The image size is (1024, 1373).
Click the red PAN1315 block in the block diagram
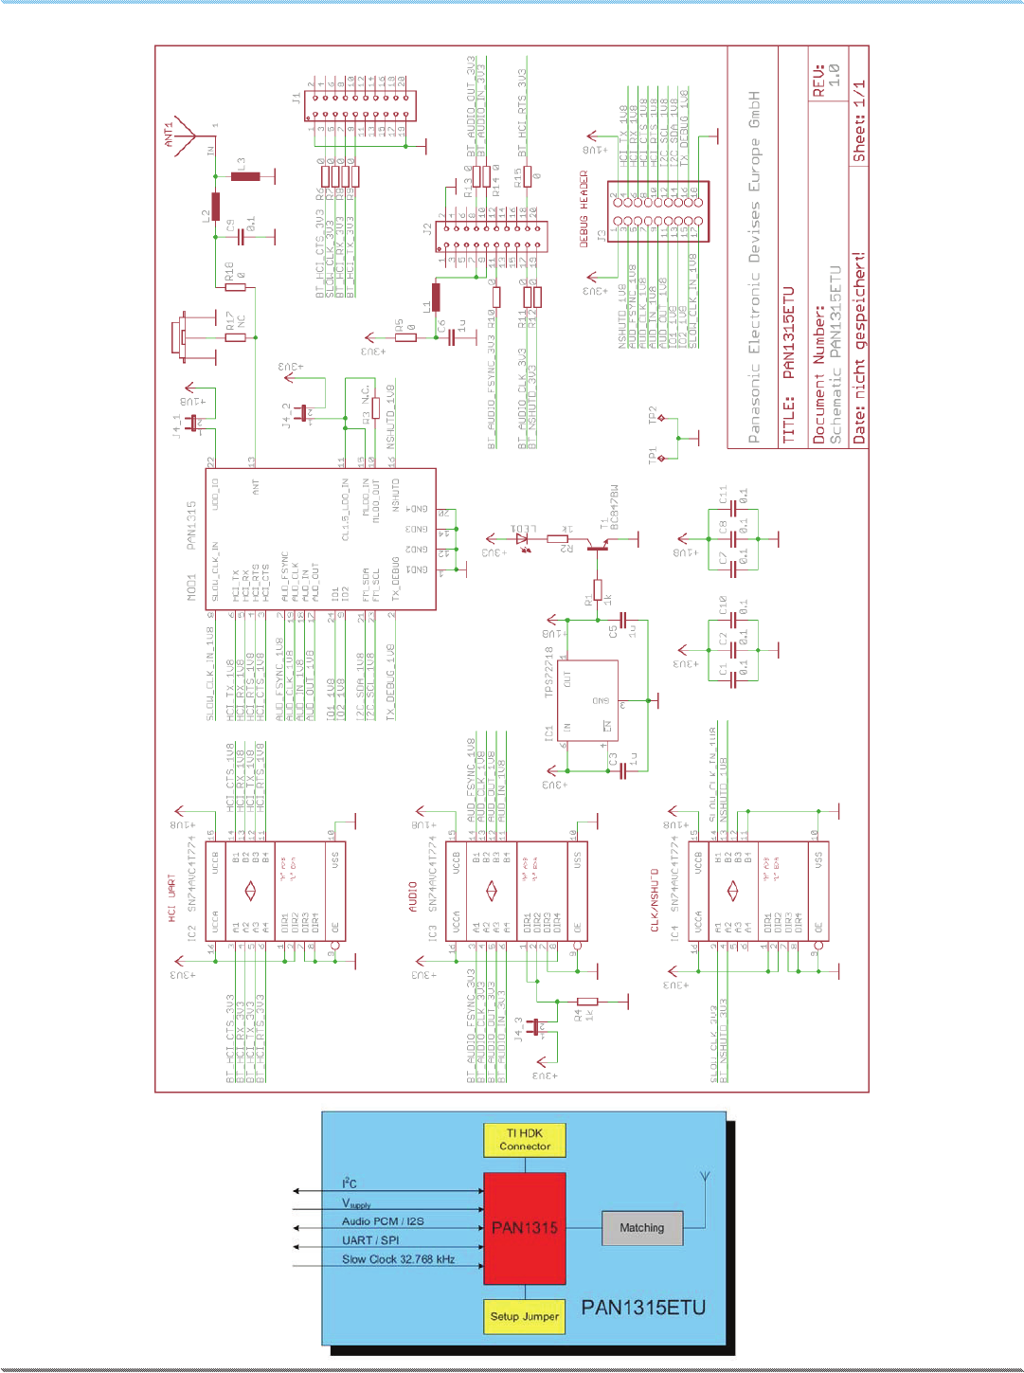point(525,1228)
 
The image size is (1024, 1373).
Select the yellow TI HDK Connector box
point(525,1140)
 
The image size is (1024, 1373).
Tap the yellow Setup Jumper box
point(525,1316)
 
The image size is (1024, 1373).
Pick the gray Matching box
point(641,1228)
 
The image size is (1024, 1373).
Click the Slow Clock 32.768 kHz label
point(398,1259)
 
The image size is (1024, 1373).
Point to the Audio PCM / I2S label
point(383,1221)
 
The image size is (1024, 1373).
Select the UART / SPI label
point(370,1240)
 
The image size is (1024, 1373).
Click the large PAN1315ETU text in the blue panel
point(643,1308)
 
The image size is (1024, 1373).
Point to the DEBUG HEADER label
point(584,209)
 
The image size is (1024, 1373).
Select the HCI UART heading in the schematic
point(172,898)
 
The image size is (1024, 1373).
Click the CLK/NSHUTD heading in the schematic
point(655,899)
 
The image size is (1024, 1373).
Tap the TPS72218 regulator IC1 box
point(587,700)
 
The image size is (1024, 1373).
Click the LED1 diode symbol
point(521,539)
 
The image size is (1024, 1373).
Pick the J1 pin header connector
point(360,105)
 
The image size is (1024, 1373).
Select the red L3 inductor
point(245,176)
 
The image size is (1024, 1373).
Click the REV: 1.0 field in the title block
point(826,76)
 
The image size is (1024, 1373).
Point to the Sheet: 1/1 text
point(859,121)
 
